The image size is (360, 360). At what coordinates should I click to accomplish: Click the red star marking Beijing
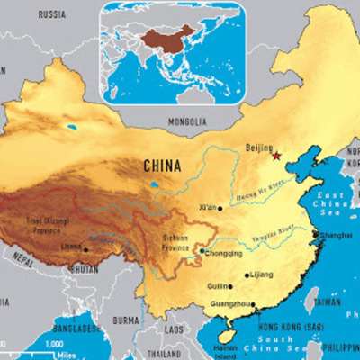coord(276,156)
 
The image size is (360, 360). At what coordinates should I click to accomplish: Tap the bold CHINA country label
coord(163,166)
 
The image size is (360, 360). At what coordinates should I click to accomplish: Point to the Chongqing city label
coord(226,253)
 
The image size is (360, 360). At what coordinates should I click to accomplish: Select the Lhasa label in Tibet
coord(72,248)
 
